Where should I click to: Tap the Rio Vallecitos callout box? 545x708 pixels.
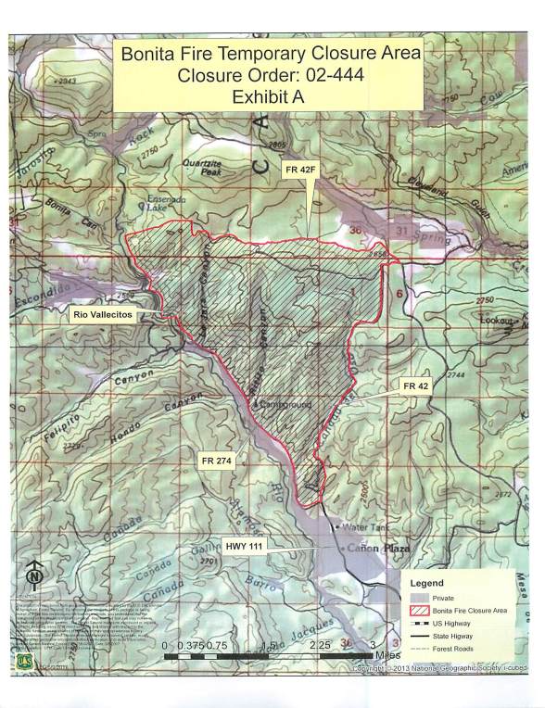pos(103,315)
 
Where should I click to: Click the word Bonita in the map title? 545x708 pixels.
pos(152,54)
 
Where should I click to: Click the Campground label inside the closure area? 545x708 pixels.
pos(287,405)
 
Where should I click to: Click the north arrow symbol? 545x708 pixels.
pos(34,576)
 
